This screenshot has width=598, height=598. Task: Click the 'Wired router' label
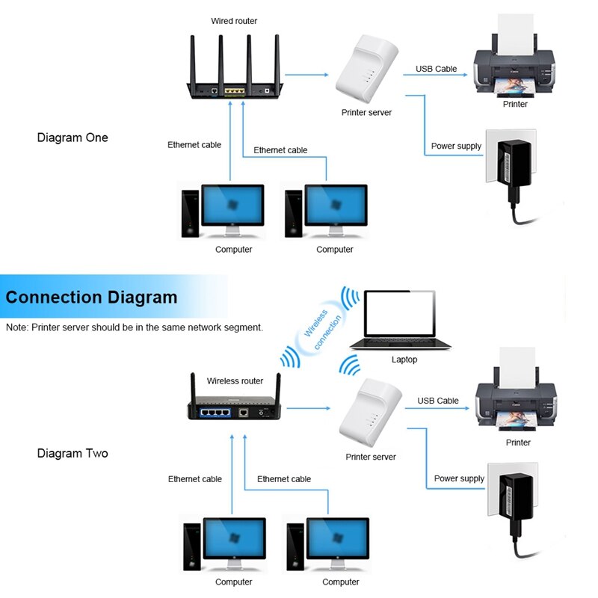point(234,21)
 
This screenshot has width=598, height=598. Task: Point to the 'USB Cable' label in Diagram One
point(436,69)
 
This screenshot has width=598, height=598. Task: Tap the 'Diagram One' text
point(73,138)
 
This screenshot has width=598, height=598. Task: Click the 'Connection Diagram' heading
point(91,297)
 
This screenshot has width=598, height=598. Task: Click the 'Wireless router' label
point(235,380)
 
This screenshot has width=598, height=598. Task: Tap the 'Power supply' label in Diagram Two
point(459,478)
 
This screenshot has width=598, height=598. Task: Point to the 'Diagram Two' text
point(73,453)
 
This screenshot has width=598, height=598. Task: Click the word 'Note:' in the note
point(17,327)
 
